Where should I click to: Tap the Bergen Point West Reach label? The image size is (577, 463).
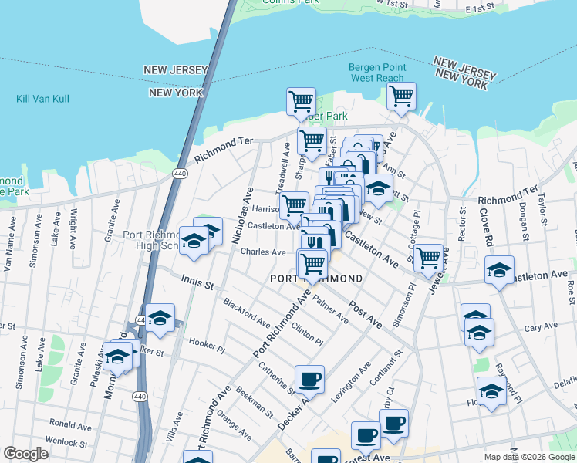(376, 73)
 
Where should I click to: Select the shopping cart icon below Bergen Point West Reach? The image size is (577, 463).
(401, 97)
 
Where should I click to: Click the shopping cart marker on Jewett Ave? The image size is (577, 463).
(428, 257)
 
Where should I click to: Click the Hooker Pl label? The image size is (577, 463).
(206, 345)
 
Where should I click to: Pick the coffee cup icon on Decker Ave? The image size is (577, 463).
(309, 380)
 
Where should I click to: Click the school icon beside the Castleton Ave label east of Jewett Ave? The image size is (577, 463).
(500, 270)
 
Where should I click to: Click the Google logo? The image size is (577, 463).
(26, 454)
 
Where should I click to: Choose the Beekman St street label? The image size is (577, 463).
(255, 402)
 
